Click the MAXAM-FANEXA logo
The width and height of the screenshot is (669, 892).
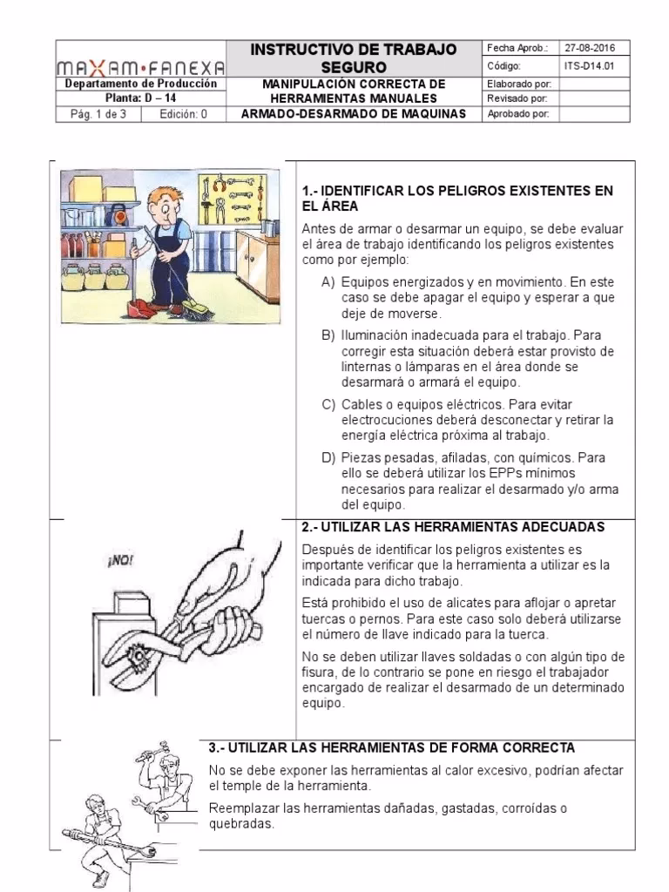point(140,66)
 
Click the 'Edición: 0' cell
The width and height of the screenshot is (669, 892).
point(183,114)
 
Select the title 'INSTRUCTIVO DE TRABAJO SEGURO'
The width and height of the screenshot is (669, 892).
point(354,57)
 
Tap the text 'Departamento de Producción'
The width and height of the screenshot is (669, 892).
point(141,84)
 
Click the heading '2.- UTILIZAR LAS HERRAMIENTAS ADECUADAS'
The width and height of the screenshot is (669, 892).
point(453,528)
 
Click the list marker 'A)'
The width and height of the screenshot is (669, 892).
point(328,283)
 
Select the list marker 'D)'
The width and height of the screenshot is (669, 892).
point(328,457)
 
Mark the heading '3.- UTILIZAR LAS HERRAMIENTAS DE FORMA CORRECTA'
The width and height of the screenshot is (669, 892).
point(392,748)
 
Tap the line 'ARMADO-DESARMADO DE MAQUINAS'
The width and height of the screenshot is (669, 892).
point(354,114)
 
